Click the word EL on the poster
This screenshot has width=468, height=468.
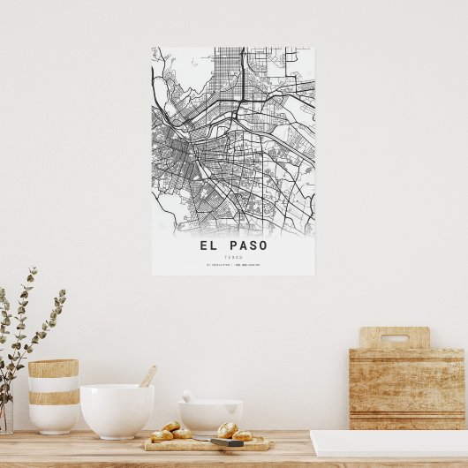click(x=208, y=245)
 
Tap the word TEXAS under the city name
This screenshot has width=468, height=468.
click(x=233, y=256)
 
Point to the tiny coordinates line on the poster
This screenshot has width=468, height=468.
click(x=233, y=264)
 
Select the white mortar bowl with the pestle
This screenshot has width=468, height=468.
click(x=211, y=416)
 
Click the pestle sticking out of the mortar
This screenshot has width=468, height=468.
click(x=187, y=396)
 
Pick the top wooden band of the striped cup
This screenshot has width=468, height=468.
click(x=53, y=368)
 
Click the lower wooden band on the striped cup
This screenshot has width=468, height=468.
click(x=53, y=397)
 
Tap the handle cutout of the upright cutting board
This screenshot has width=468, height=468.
click(x=394, y=337)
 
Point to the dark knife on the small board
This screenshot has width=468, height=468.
click(x=227, y=442)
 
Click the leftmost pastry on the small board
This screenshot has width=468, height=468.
click(x=162, y=435)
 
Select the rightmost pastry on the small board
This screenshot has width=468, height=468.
click(x=242, y=435)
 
